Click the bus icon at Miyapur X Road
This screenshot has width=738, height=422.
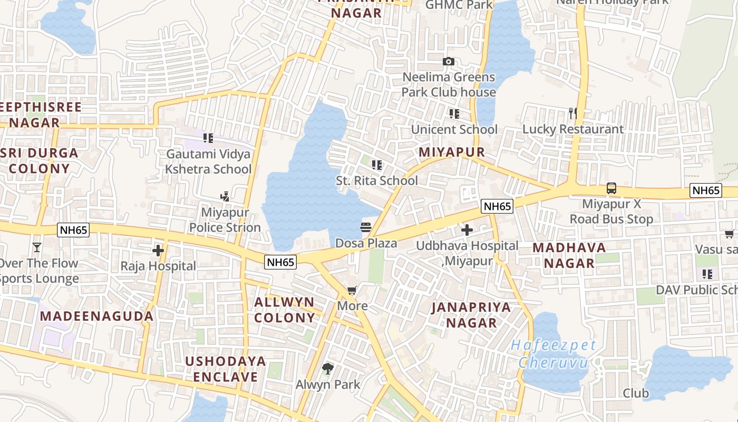tap(611, 188)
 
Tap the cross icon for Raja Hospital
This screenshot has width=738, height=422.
tap(158, 251)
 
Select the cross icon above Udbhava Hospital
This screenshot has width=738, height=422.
tap(467, 230)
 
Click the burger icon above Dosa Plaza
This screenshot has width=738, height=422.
tap(366, 228)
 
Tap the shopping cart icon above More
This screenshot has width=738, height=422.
tap(352, 290)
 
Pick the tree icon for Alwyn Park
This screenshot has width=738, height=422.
tap(328, 368)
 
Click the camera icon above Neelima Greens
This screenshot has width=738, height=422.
tap(449, 62)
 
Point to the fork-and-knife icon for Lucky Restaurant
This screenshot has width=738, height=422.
tap(573, 113)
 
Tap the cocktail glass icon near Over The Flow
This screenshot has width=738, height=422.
tap(37, 247)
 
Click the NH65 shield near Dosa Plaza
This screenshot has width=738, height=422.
tap(281, 262)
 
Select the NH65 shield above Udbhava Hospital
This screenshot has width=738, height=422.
tap(497, 206)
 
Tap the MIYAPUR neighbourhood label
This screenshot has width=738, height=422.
tap(451, 152)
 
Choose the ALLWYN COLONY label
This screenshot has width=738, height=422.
tap(284, 310)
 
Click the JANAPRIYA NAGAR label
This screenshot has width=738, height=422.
tap(471, 315)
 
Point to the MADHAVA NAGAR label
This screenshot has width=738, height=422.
tap(569, 255)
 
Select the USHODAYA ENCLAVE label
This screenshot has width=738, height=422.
tap(225, 369)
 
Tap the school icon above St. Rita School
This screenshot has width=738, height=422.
tap(376, 165)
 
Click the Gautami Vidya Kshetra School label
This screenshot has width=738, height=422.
tap(208, 161)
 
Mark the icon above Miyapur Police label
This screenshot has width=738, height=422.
tap(225, 197)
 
